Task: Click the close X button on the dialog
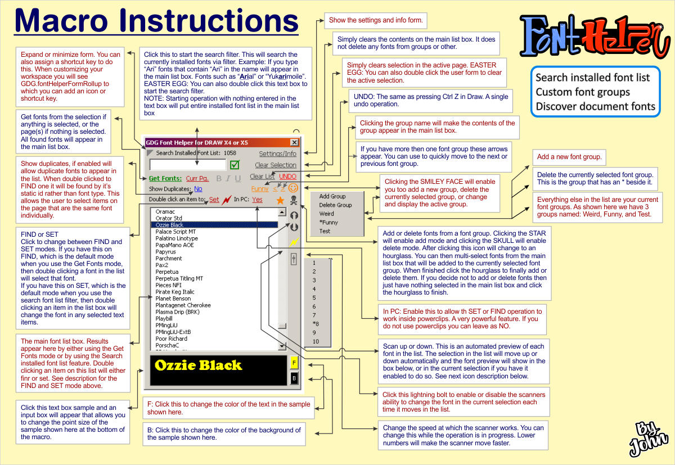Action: (x=294, y=143)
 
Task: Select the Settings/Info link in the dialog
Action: (x=277, y=154)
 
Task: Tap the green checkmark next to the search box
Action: (x=235, y=165)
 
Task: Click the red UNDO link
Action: (x=288, y=177)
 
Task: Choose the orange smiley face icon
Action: (x=293, y=188)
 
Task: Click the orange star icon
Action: (x=280, y=200)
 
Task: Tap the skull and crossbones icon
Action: (x=293, y=200)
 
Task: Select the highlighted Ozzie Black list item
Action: (x=169, y=225)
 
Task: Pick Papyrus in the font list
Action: (x=165, y=252)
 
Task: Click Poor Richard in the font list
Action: (x=172, y=338)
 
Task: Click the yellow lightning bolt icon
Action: (x=293, y=242)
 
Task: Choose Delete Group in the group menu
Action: (x=335, y=205)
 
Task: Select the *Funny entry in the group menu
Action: (x=328, y=223)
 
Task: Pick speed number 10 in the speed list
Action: (x=316, y=341)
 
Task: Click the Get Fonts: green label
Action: (x=165, y=178)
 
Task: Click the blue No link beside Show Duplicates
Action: (x=198, y=189)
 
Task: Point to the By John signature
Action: (x=651, y=437)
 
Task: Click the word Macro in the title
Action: (x=66, y=21)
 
